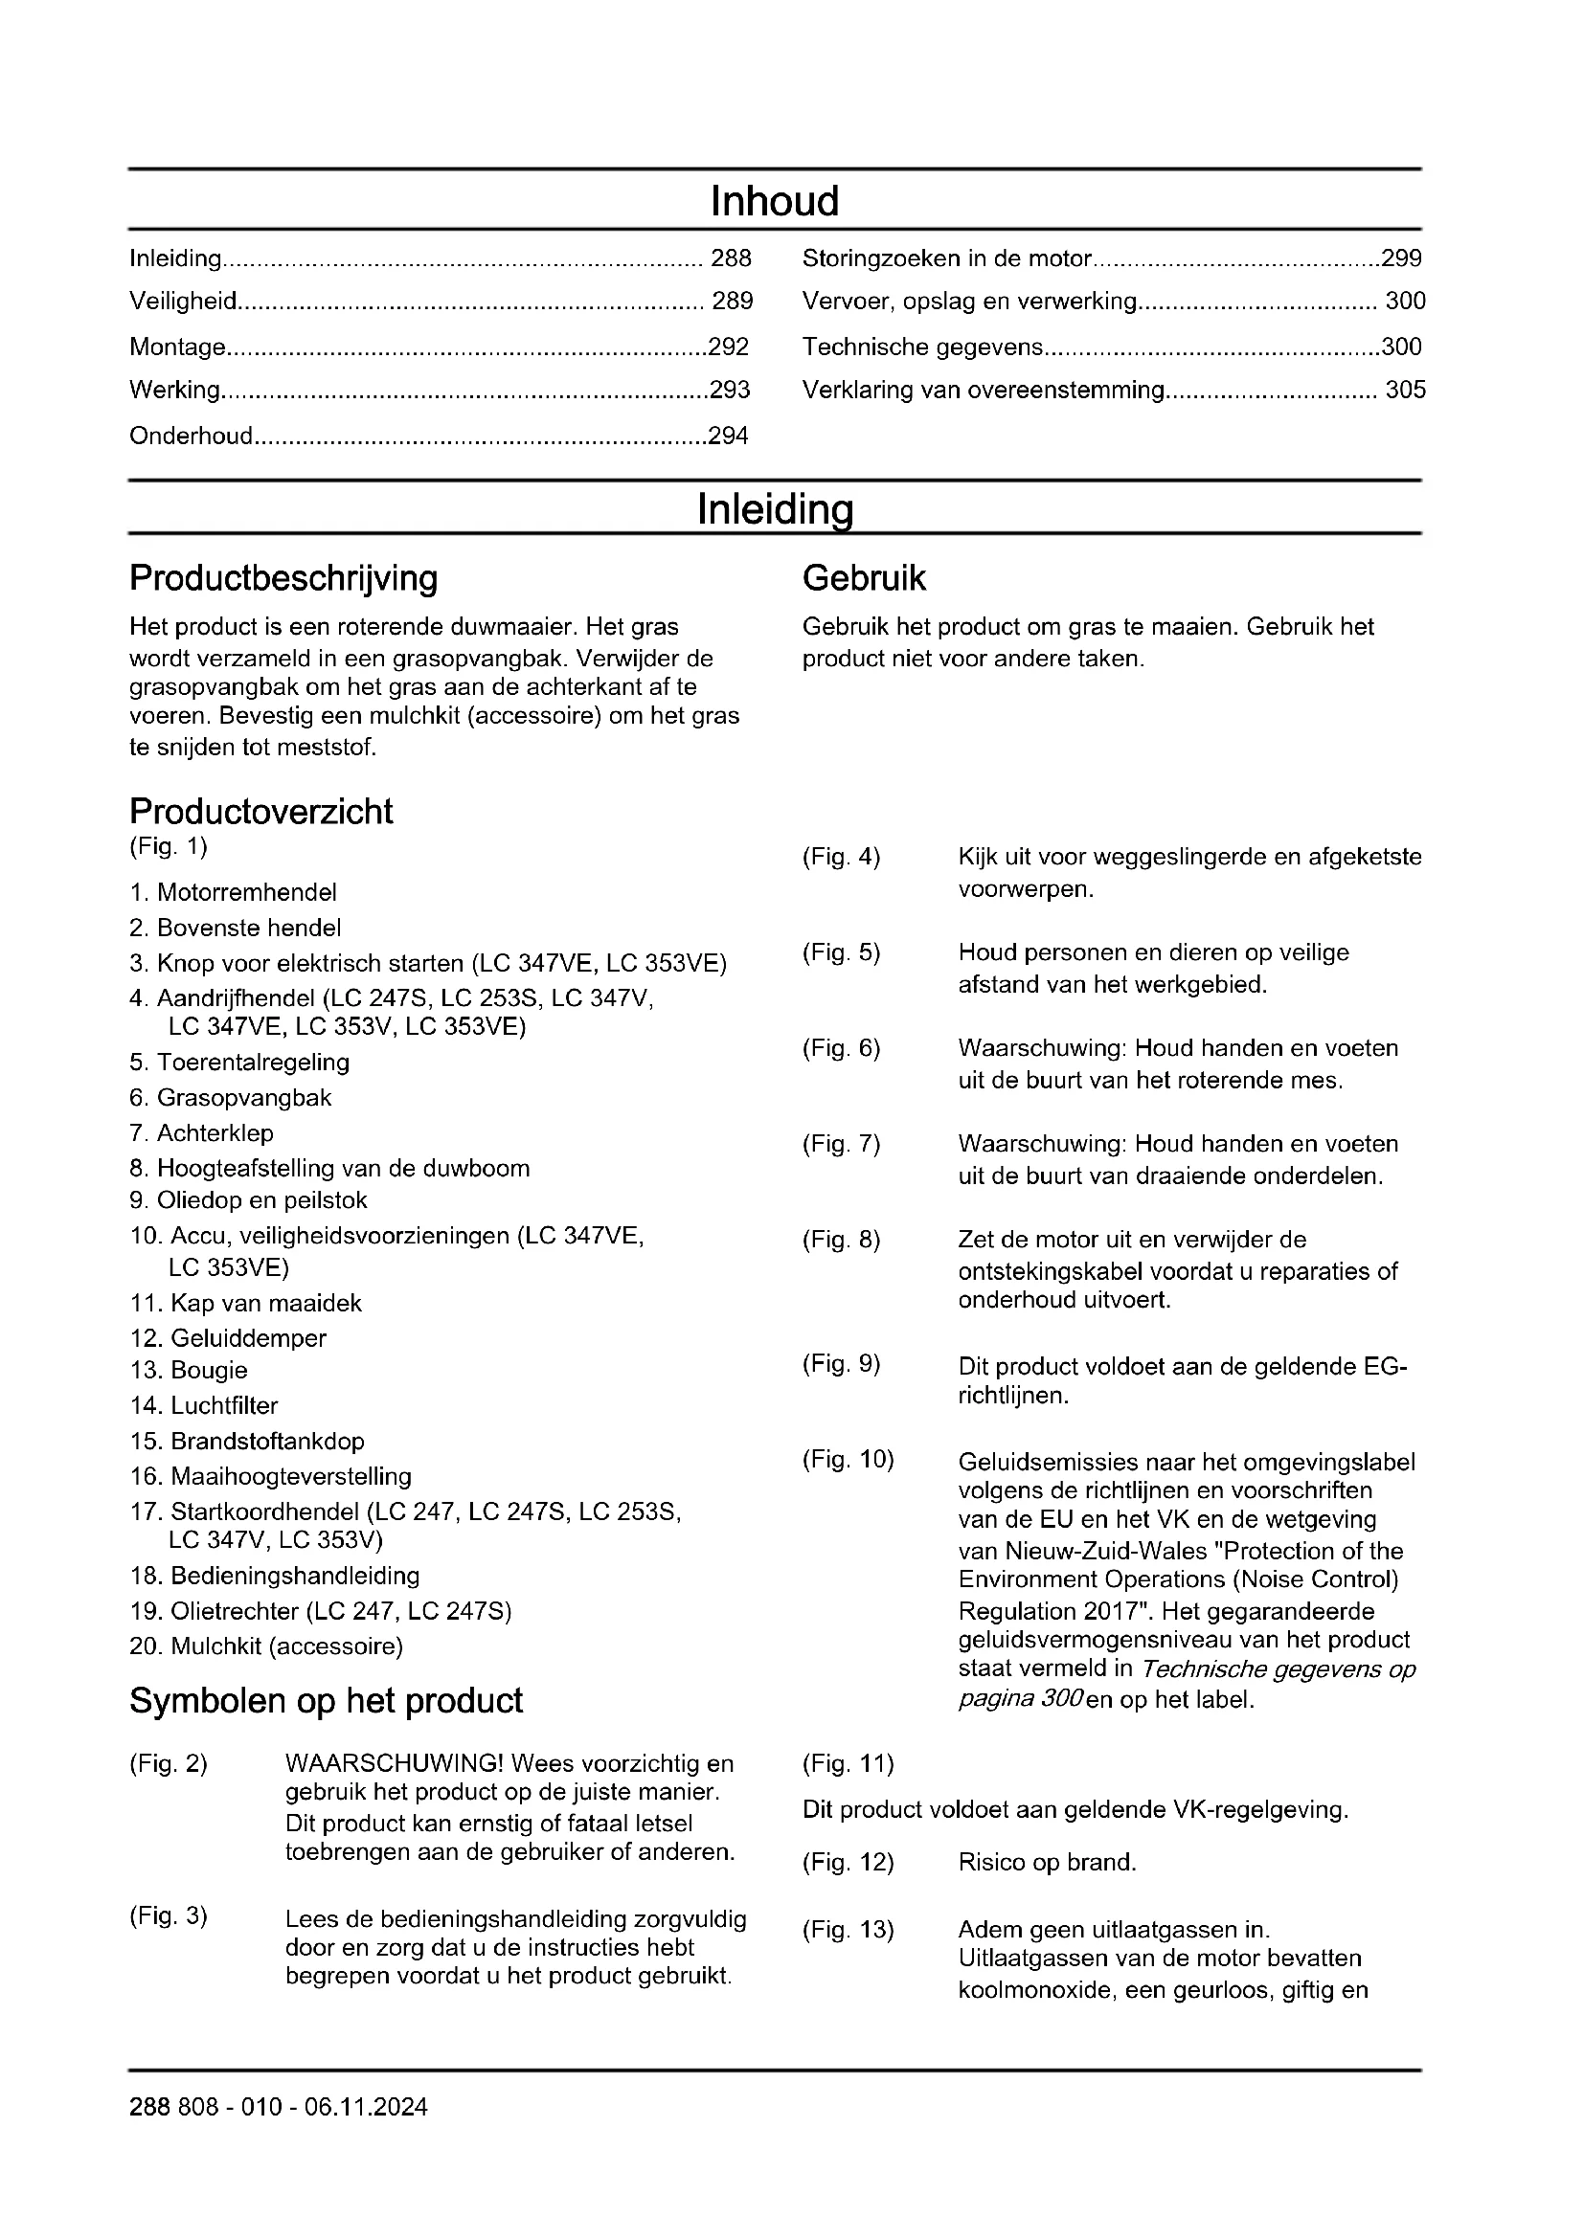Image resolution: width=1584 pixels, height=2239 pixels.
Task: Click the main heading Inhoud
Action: pyautogui.click(x=775, y=202)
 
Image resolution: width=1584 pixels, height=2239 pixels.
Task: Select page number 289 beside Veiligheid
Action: pyautogui.click(x=732, y=302)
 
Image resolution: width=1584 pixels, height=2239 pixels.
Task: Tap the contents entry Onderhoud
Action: pyautogui.click(x=192, y=436)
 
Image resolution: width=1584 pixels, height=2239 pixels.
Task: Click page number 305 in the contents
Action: pyautogui.click(x=1405, y=390)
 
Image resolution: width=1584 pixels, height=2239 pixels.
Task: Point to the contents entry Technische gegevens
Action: pyautogui.click(x=922, y=347)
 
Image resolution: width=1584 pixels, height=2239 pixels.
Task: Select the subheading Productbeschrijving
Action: pyautogui.click(x=283, y=578)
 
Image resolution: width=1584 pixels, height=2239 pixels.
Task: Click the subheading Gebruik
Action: pyautogui.click(x=863, y=578)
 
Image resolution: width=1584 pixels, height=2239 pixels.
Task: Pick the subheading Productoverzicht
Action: pyautogui.click(x=261, y=812)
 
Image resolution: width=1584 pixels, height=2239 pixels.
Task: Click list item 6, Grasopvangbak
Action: pyautogui.click(x=231, y=1098)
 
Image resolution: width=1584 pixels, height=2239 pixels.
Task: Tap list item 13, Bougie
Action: pyautogui.click(x=190, y=1370)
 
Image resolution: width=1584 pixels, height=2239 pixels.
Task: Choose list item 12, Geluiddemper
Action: pyautogui.click(x=228, y=1338)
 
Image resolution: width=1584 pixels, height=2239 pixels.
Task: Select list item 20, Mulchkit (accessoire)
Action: pyautogui.click(x=266, y=1646)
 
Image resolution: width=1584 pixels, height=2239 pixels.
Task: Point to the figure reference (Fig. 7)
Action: pyautogui.click(x=841, y=1144)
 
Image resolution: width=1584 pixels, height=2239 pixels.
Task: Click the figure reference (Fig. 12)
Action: pyautogui.click(x=848, y=1863)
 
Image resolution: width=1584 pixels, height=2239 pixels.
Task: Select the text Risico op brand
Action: pyautogui.click(x=1047, y=1863)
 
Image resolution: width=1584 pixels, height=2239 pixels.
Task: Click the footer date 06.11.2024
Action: pyautogui.click(x=366, y=2107)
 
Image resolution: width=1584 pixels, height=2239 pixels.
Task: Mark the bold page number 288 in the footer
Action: pyautogui.click(x=148, y=2107)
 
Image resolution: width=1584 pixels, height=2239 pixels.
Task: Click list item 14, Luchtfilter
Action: pyautogui.click(x=205, y=1405)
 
